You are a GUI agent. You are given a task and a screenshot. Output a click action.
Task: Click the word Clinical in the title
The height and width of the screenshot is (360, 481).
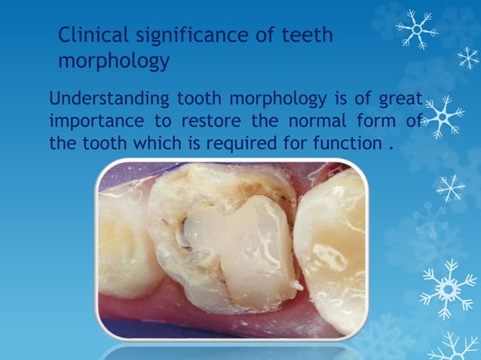[89, 35]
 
